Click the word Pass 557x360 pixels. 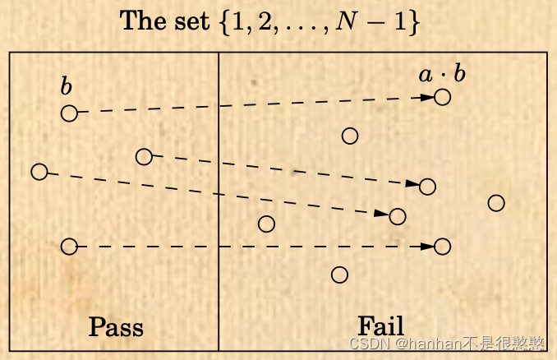(116, 327)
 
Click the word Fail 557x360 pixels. (380, 325)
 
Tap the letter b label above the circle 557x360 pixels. (66, 86)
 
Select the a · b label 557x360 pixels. (442, 76)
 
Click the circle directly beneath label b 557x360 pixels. (69, 113)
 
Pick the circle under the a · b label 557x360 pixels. (443, 97)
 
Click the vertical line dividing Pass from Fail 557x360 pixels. (219, 205)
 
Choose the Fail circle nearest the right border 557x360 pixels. (495, 203)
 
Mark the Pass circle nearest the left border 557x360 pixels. (39, 172)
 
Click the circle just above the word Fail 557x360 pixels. (339, 275)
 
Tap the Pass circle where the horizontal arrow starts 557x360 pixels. (69, 246)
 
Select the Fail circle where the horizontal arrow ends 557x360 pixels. (443, 246)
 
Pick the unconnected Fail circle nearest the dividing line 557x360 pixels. (266, 224)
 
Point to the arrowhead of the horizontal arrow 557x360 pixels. (427, 246)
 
